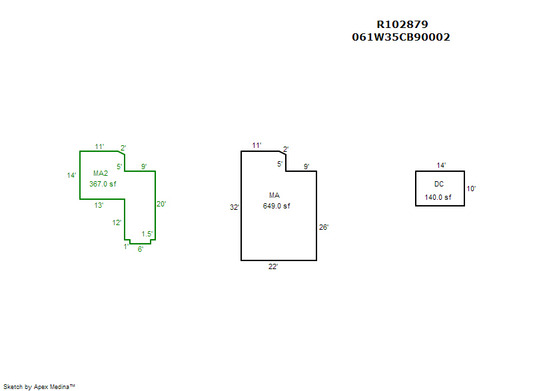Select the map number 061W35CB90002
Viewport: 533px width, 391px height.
coord(400,37)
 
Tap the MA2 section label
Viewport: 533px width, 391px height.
coord(101,173)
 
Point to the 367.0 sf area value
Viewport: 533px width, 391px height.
coord(103,184)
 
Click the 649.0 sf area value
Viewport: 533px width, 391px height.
coord(276,206)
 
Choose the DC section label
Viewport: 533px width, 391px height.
coord(439,184)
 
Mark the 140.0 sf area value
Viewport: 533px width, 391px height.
coord(438,197)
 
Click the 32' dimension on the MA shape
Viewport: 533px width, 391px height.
coord(235,208)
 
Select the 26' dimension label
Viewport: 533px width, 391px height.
coord(324,227)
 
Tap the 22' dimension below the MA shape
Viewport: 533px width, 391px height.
coord(273,266)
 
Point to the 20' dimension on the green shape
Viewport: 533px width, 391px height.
coord(161,204)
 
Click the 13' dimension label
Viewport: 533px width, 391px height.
coord(99,205)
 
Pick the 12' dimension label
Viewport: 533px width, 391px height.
coord(117,222)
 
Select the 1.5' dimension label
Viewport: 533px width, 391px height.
coord(147,234)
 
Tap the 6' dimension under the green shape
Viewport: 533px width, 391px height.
coord(141,249)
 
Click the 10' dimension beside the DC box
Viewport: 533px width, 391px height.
coord(471,189)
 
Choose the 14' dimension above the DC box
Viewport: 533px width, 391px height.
coord(441,165)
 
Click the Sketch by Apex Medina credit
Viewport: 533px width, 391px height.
coord(39,386)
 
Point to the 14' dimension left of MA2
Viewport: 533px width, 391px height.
coord(71,175)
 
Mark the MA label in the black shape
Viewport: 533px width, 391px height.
coord(274,195)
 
